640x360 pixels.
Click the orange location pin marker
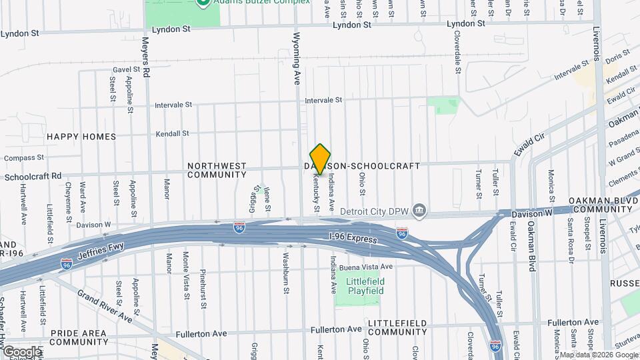coord(320,159)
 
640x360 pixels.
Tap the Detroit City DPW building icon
coord(419,211)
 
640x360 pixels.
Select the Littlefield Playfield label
coord(365,287)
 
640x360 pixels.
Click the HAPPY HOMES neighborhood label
coord(81,137)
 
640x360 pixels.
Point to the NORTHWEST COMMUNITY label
coord(217,170)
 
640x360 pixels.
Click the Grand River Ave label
coord(105,307)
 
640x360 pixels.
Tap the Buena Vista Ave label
coord(366,267)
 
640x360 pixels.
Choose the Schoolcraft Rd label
coord(33,177)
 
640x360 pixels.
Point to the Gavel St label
coord(127,69)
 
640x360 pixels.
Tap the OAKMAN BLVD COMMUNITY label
coord(599,205)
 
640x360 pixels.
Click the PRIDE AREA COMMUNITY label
coord(69,337)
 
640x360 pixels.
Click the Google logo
coord(21,351)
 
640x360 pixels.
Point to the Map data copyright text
coord(599,355)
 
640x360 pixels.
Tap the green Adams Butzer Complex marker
coord(203,2)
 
